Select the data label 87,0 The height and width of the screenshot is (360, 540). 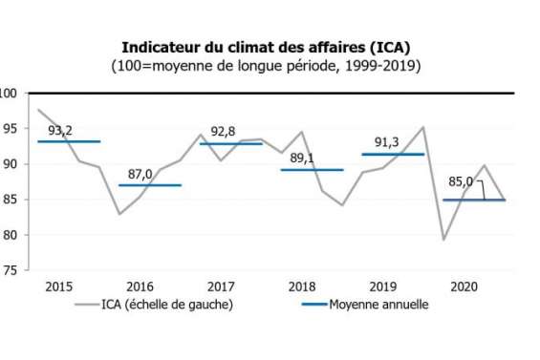click(140, 175)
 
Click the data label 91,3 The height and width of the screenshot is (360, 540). click(387, 143)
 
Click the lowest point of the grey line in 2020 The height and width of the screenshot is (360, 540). click(444, 240)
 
